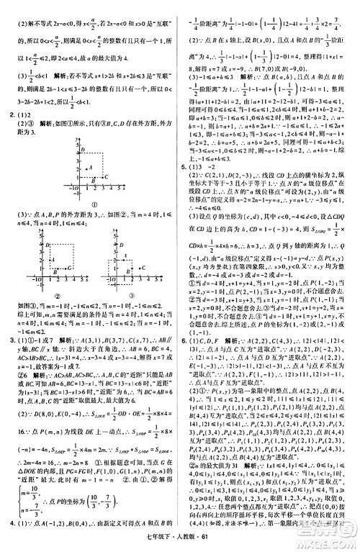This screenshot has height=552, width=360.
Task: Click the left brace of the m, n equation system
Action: click(15, 504)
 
